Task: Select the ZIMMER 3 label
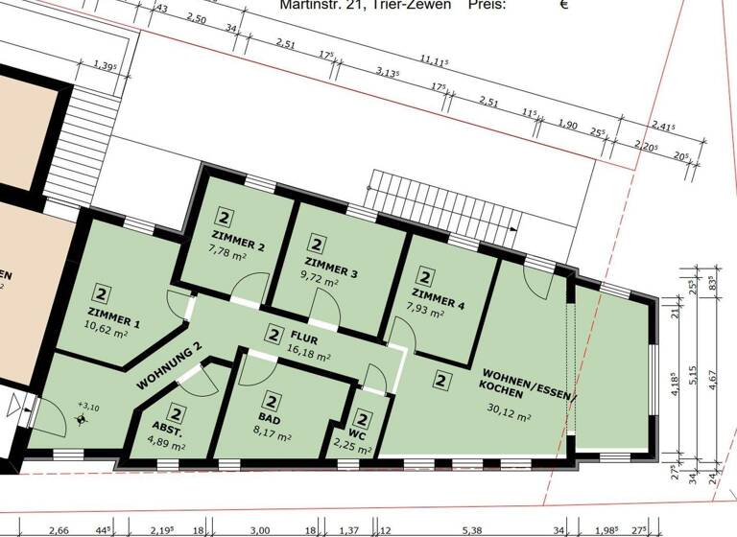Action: point(331,273)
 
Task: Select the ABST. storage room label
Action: point(170,430)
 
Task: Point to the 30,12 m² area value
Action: point(509,415)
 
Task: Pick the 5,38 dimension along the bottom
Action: point(471,529)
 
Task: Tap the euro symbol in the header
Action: point(564,5)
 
